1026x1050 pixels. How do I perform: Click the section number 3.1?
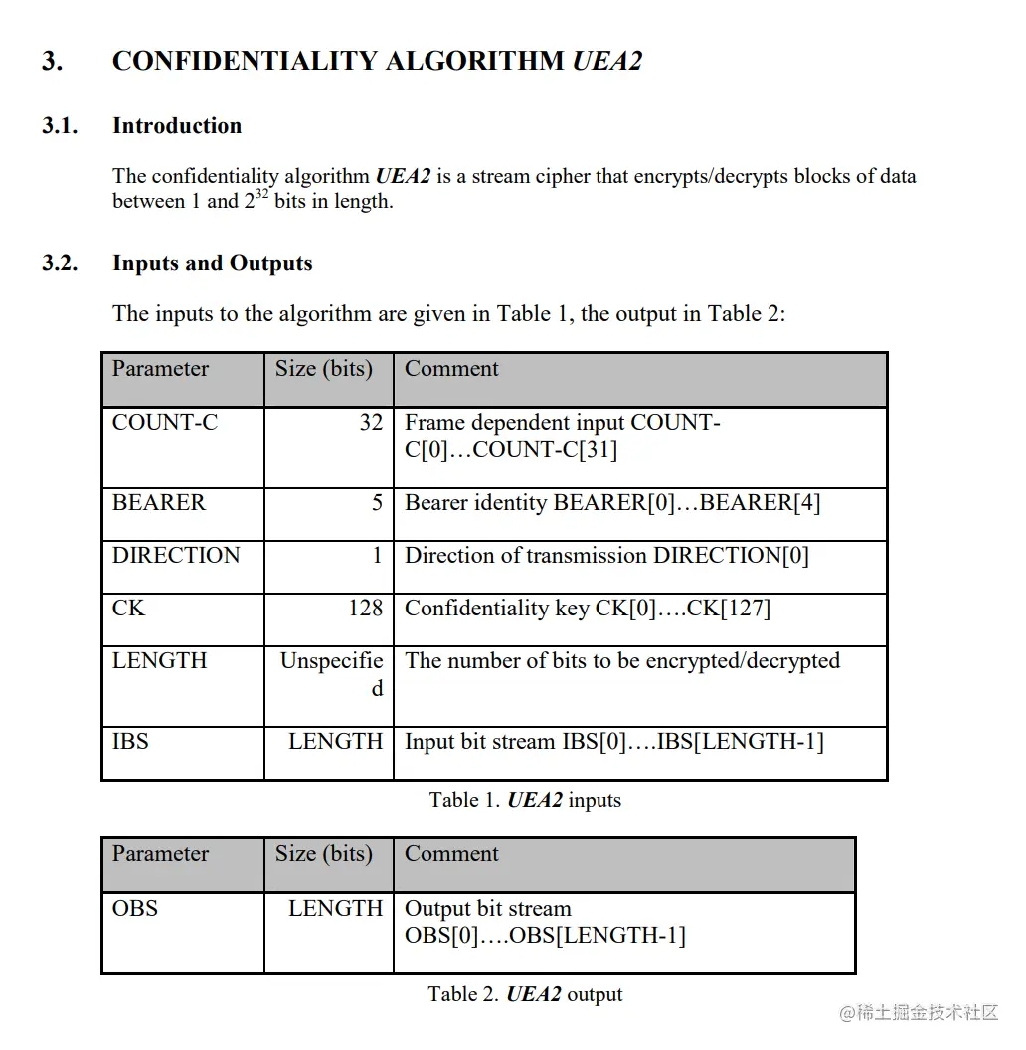(60, 126)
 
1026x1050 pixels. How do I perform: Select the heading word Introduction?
(177, 126)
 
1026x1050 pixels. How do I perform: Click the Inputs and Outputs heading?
(213, 263)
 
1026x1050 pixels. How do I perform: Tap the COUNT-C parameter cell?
(165, 423)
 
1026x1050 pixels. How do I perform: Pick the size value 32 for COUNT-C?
(371, 423)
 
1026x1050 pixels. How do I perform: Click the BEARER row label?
(159, 503)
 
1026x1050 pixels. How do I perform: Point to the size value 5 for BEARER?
(377, 503)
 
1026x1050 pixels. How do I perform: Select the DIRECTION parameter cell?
(176, 556)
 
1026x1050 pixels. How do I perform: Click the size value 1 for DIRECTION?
(377, 556)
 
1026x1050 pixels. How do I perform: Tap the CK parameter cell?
(128, 609)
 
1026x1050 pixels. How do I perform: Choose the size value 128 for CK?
(365, 609)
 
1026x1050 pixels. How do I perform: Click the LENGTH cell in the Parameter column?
(159, 661)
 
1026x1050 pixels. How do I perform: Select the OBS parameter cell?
(135, 909)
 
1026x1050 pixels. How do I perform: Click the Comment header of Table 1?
(451, 369)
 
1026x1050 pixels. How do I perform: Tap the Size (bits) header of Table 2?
(324, 854)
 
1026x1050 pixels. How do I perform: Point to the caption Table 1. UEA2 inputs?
(525, 800)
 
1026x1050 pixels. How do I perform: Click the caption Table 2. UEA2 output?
(525, 994)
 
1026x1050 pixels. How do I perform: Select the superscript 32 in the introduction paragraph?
(261, 194)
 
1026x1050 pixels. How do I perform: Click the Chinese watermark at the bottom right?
(919, 1012)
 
